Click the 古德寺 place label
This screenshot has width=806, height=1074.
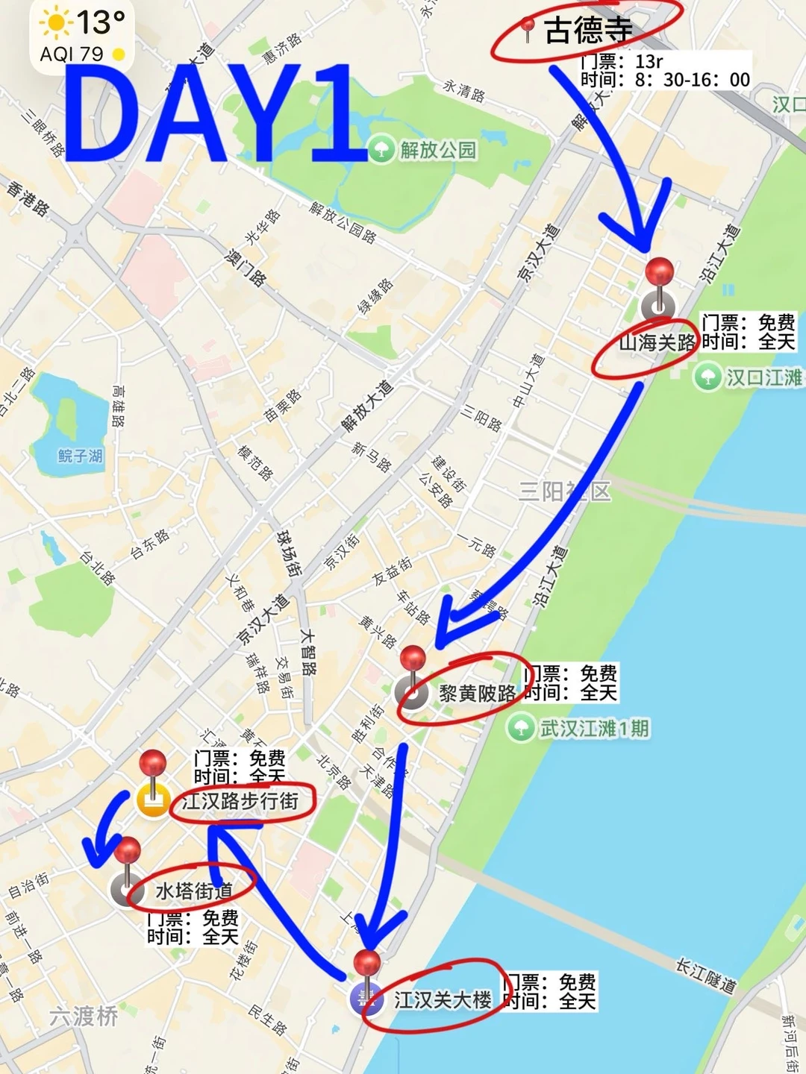click(588, 31)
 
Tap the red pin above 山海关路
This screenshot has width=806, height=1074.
click(660, 271)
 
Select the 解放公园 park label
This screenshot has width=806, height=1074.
click(438, 150)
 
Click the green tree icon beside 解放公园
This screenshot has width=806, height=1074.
click(381, 149)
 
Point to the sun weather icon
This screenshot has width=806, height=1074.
click(55, 23)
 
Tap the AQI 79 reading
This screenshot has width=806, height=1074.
click(72, 54)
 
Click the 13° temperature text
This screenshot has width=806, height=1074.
click(101, 22)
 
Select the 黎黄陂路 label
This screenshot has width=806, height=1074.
click(478, 694)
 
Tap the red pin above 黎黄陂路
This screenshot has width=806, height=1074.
click(413, 659)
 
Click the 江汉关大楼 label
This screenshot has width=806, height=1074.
click(443, 1000)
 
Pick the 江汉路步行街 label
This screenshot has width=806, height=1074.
click(240, 801)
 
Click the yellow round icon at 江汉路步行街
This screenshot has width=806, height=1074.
click(154, 802)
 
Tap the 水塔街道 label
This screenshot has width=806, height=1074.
click(194, 891)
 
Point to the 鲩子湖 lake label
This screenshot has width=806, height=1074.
click(81, 456)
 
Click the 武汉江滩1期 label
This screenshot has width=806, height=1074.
click(595, 728)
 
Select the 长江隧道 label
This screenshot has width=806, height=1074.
click(705, 976)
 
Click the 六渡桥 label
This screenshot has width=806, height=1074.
click(84, 1016)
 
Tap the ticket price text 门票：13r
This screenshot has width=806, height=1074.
click(622, 61)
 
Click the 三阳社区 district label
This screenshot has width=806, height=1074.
click(564, 492)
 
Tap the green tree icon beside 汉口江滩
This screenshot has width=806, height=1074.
click(707, 377)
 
